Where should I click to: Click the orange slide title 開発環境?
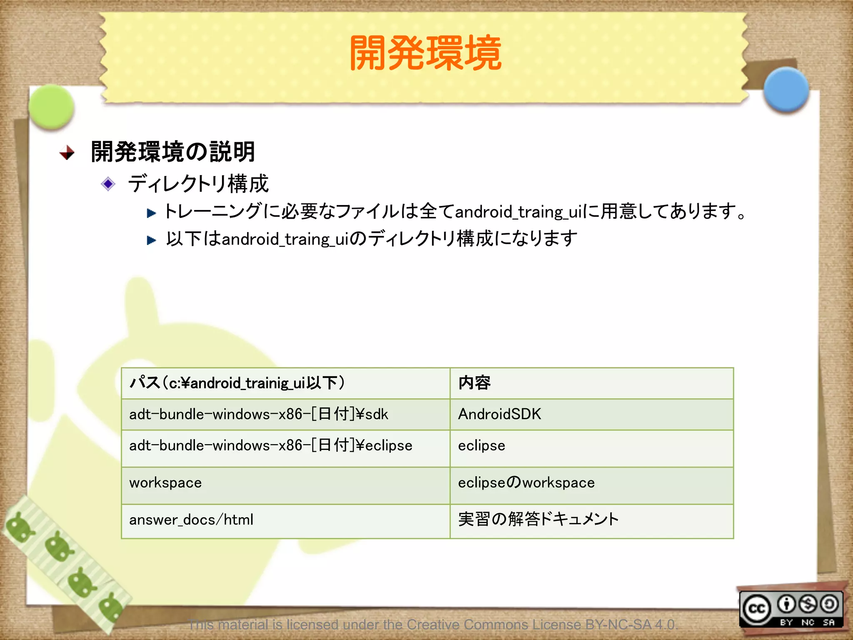coord(426,53)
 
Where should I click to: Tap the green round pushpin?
coord(52,106)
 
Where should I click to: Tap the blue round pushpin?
coord(786,90)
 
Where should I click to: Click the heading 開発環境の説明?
coord(173,152)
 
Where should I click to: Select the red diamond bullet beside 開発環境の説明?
coord(67,152)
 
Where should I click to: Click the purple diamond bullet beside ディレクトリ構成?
coord(108,184)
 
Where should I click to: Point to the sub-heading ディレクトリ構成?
coord(198,184)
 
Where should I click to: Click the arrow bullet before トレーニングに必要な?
coord(151,213)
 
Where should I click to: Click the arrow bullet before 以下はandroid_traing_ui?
coord(151,240)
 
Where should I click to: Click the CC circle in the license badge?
coord(756,609)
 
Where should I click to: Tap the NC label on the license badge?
coord(808,622)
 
